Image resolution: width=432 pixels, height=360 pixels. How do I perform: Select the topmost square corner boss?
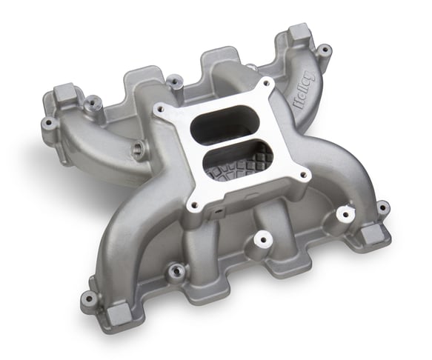tap(299, 33)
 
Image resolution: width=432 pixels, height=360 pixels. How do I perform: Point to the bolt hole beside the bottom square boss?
tap(88, 298)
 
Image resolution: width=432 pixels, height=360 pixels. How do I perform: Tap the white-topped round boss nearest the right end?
tap(342, 214)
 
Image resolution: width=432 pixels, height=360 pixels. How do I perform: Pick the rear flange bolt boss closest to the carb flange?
tap(175, 81)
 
